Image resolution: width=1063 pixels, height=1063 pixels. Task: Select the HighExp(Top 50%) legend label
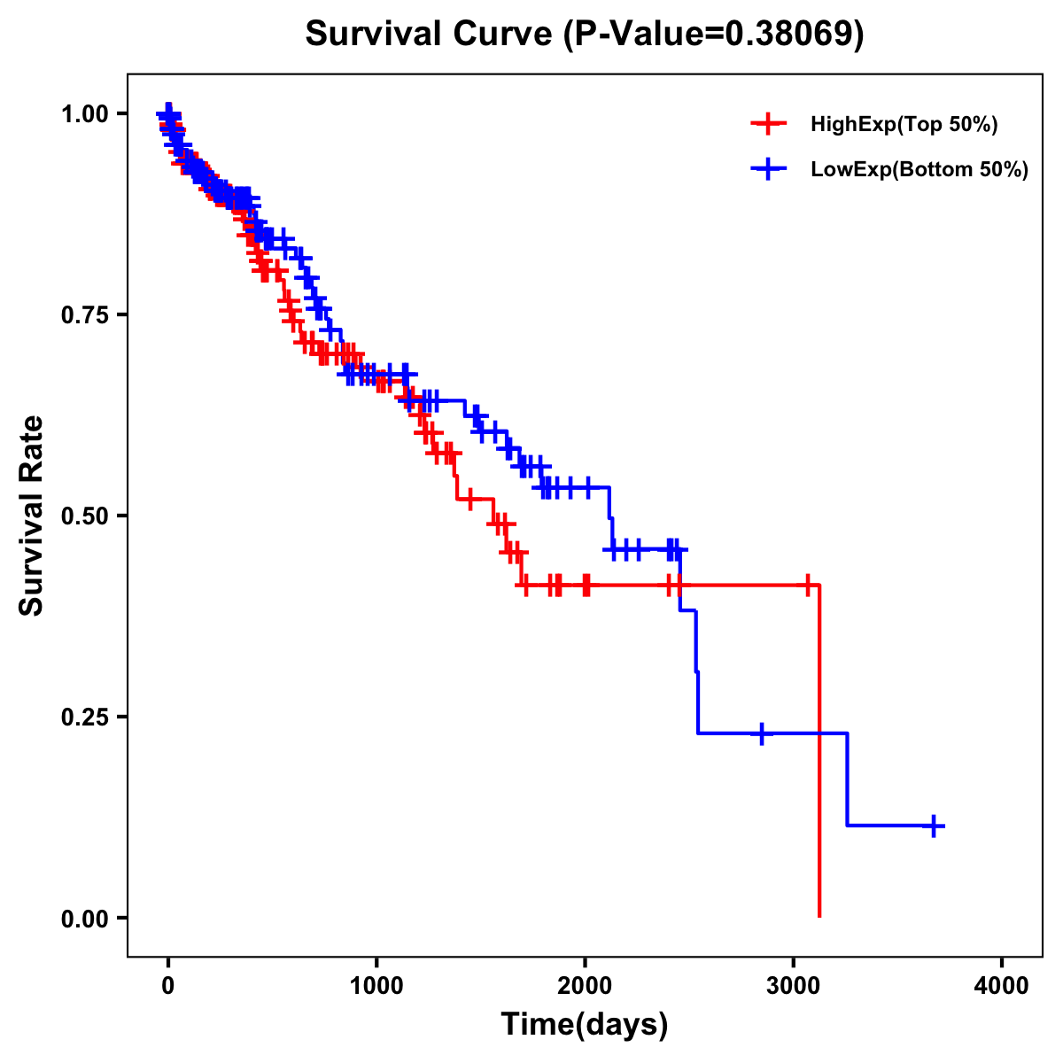[x=904, y=125]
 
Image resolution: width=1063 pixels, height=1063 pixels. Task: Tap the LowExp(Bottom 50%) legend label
[x=919, y=170]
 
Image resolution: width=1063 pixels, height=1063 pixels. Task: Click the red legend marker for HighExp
[x=768, y=125]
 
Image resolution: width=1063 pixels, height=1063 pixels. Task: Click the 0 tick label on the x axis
[x=168, y=986]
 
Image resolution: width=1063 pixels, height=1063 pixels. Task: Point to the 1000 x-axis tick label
[x=376, y=986]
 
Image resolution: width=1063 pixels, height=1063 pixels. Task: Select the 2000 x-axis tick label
[x=585, y=986]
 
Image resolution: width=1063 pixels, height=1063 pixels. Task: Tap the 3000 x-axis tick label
[x=794, y=986]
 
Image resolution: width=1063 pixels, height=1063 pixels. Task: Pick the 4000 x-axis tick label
[x=1002, y=986]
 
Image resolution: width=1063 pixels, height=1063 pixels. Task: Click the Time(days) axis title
[x=585, y=1025]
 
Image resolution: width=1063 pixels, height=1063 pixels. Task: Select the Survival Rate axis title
[x=32, y=516]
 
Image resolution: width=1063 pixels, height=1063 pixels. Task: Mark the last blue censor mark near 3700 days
[x=933, y=826]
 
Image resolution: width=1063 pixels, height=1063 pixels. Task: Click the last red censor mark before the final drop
[x=808, y=586]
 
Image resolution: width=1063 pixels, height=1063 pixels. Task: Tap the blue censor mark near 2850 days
[x=761, y=733]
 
